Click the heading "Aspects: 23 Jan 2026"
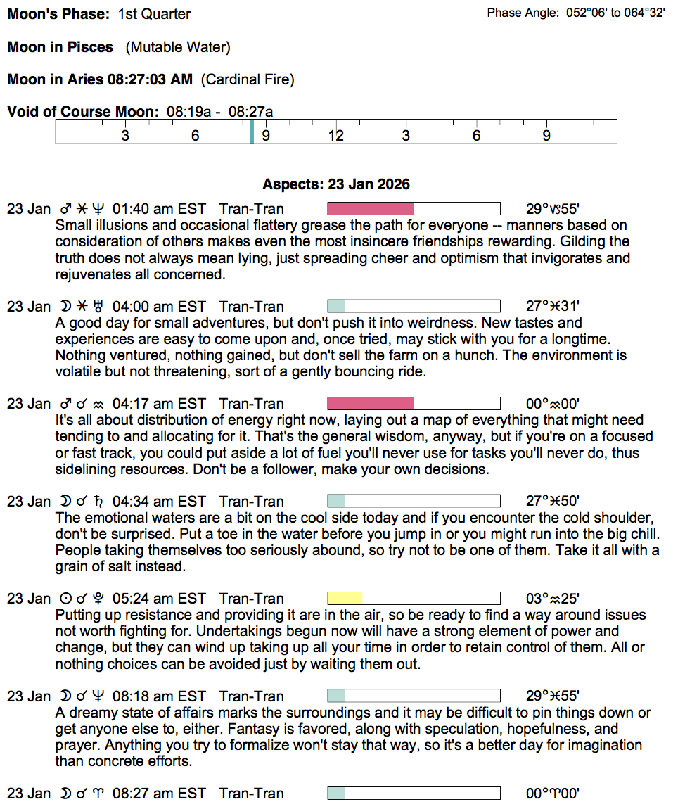tap(336, 184)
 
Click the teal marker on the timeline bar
tap(251, 132)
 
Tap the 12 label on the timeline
tap(336, 136)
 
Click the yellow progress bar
tap(345, 599)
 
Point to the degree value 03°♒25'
tap(553, 599)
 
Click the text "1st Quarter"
tap(154, 14)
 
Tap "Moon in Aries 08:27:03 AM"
tap(100, 79)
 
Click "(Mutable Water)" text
tap(178, 47)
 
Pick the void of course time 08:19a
tap(186, 111)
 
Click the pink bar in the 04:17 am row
tap(371, 404)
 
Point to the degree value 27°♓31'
tap(553, 307)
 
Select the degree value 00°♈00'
tap(553, 794)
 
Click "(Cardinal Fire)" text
tap(248, 79)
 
